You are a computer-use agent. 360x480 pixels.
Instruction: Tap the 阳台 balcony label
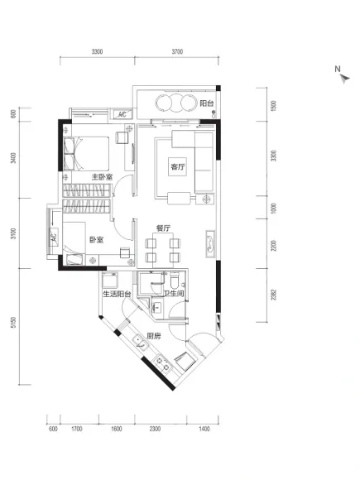[207, 103]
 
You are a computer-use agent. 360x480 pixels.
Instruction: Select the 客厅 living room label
[178, 167]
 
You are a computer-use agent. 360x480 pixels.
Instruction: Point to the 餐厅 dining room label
[163, 228]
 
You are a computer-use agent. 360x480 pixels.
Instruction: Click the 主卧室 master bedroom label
[103, 177]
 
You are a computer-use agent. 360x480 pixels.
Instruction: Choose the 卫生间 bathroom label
[174, 294]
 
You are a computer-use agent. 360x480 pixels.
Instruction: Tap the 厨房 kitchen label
[153, 336]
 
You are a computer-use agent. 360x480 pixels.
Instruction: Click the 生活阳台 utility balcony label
[117, 294]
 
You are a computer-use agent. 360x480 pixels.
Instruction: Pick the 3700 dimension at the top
[177, 52]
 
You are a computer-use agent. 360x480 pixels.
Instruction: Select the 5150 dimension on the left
[13, 323]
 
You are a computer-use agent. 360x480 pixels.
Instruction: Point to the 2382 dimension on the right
[274, 295]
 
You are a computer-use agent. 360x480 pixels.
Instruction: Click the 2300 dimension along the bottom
[155, 429]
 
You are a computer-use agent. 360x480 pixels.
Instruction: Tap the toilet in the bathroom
[175, 281]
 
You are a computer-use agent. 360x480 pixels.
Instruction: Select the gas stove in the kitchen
[162, 363]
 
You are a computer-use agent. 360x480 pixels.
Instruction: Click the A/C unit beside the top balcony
[122, 114]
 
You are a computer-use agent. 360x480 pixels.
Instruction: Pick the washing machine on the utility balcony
[108, 280]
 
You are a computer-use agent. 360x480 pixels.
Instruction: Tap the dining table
[163, 248]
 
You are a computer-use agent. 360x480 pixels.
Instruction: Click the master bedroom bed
[86, 154]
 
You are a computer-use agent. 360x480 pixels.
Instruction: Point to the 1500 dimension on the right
[274, 105]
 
